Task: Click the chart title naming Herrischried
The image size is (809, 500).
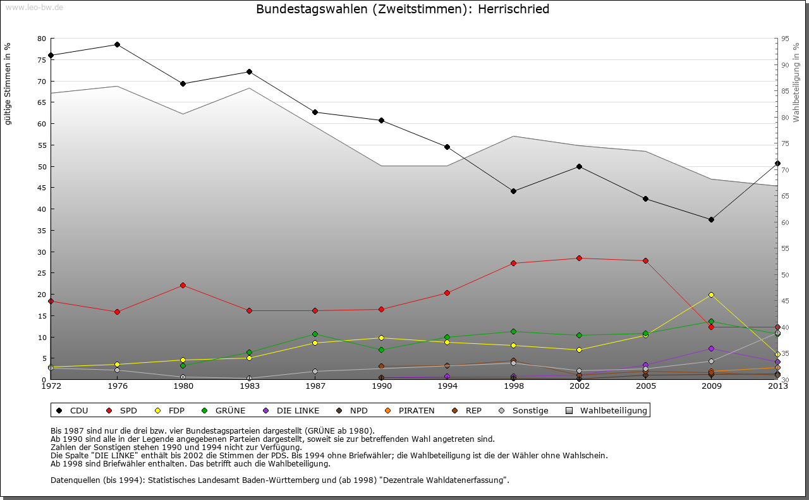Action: coord(403,9)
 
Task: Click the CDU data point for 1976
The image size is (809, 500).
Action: coord(117,44)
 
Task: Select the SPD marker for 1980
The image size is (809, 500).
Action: coord(183,285)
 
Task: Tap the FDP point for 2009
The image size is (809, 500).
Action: coord(711,295)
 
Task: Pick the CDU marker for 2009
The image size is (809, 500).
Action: coord(711,219)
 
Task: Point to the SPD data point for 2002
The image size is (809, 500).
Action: coord(579,258)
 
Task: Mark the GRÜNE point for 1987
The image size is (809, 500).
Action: coord(315,334)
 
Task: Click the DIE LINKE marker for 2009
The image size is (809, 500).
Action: coord(711,348)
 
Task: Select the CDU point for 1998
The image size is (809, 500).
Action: coord(513,191)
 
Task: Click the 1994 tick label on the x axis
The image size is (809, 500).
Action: coord(447,386)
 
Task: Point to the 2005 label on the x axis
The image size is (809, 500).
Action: coord(645,386)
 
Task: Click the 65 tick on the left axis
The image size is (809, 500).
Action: coord(42,102)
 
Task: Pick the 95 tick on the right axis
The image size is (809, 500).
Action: coord(784,39)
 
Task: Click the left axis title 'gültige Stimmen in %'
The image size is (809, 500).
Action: coord(8,83)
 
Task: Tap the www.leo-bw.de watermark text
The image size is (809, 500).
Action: coord(34,8)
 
